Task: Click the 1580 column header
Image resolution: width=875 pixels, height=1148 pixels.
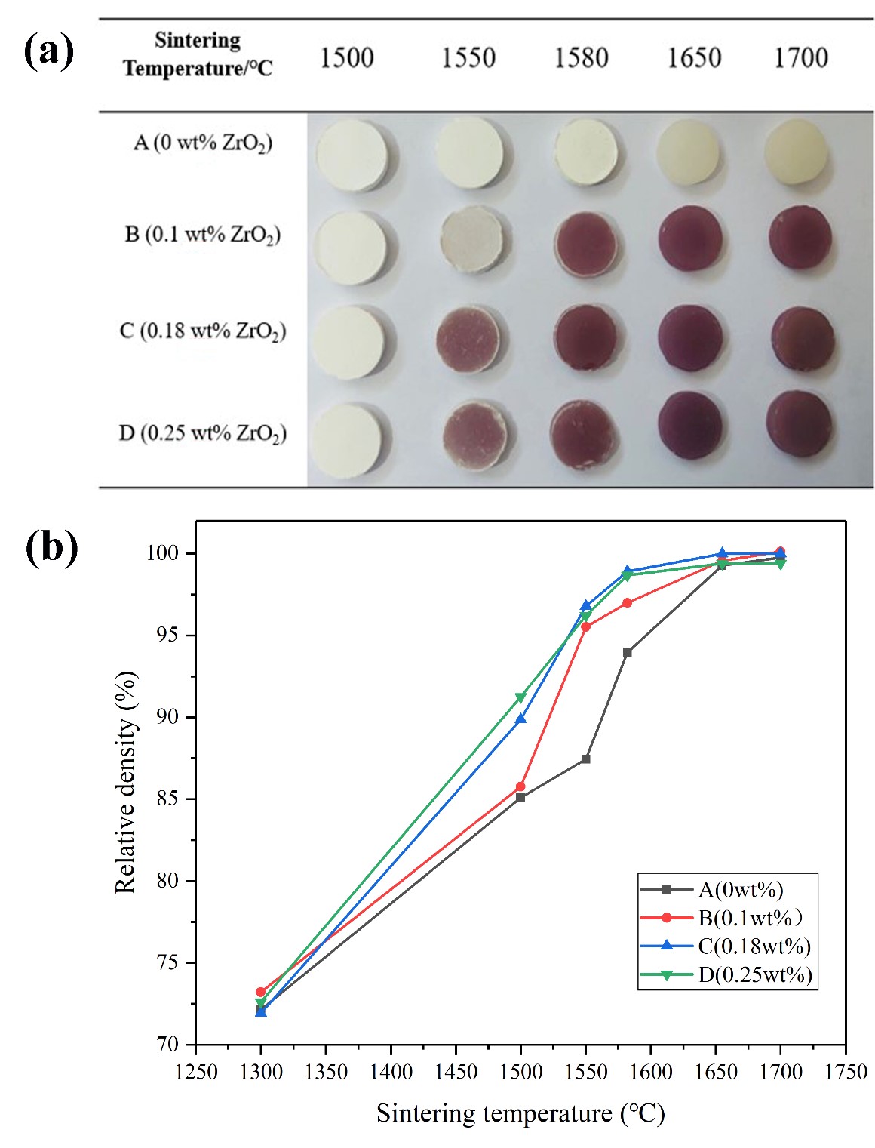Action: [x=581, y=58]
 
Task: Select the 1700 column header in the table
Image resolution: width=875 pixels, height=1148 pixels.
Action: [x=800, y=58]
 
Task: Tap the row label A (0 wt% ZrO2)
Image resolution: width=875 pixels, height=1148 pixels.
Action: [x=202, y=143]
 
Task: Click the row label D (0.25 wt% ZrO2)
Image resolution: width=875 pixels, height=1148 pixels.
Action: [x=202, y=433]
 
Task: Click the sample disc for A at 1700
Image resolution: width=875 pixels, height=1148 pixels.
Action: [x=796, y=152]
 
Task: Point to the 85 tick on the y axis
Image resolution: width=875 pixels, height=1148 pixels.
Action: [x=167, y=799]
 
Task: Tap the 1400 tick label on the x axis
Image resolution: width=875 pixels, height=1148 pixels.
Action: [x=391, y=1072]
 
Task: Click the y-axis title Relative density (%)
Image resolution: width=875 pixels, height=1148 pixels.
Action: [x=126, y=782]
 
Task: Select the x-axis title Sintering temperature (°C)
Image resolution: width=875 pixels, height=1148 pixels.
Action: [x=520, y=1113]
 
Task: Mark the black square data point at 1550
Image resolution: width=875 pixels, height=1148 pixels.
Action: [x=585, y=759]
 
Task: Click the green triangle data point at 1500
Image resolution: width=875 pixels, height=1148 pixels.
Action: [x=520, y=697]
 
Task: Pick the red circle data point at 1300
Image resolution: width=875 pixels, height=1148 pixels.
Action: [x=261, y=992]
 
